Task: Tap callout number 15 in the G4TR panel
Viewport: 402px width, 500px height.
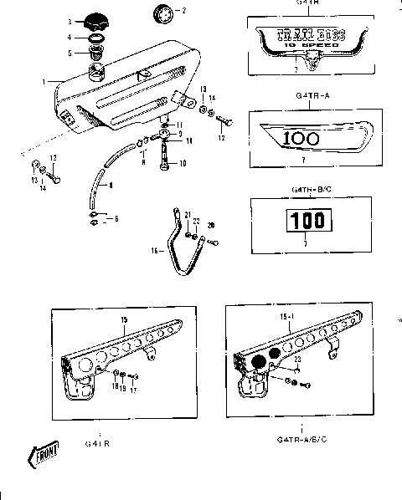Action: (123, 320)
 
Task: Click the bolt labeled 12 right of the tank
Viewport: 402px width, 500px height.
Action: (222, 120)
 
